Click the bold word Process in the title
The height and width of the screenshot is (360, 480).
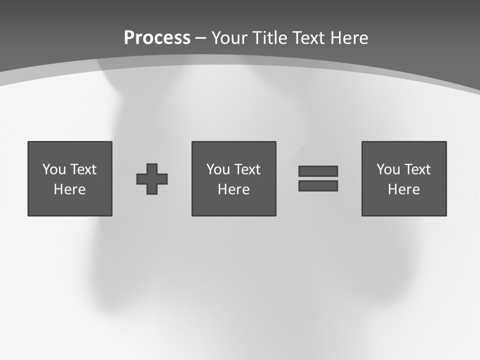157,38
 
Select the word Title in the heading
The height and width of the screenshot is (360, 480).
268,38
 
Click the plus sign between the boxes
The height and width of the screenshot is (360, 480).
152,179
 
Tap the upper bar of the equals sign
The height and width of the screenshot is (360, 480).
318,171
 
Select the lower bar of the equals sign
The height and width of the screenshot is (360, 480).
318,185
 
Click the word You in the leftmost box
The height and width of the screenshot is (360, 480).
54,169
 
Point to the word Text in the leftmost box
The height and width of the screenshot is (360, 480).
83,169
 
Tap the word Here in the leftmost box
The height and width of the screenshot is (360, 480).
70,189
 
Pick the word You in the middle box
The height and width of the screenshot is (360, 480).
218,169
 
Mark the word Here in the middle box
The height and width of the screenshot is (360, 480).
233,189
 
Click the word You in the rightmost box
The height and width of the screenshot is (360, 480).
388,169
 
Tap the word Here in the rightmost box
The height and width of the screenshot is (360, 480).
404,189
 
